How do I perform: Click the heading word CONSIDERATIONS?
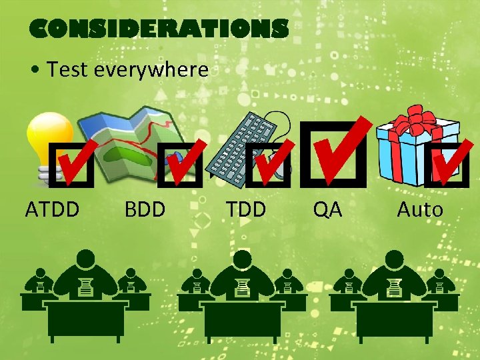(159, 29)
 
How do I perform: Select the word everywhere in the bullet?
(151, 69)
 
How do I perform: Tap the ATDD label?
(53, 209)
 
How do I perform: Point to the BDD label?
(145, 209)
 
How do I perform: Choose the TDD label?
(245, 209)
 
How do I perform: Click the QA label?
(328, 209)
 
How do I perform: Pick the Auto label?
(419, 209)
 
